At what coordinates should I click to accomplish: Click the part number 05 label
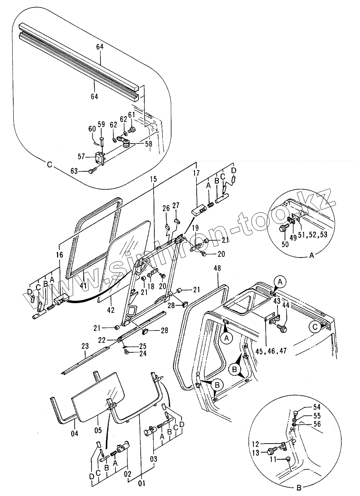98,430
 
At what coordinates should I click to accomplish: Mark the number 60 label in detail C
92,129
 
